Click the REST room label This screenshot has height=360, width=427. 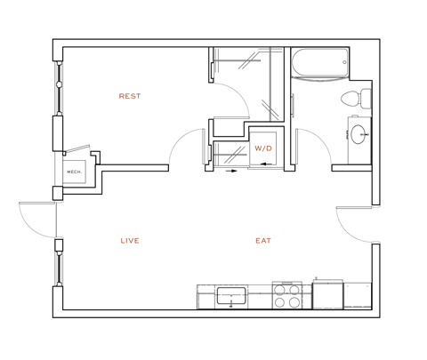130,96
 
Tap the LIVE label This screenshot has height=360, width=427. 130,241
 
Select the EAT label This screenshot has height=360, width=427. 263,241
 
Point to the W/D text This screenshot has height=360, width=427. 263,148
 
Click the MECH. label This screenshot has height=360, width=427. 73,173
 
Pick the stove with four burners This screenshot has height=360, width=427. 286,296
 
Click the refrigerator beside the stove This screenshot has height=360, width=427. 327,294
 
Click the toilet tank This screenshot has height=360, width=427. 365,99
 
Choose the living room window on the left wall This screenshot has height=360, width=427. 60,267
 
